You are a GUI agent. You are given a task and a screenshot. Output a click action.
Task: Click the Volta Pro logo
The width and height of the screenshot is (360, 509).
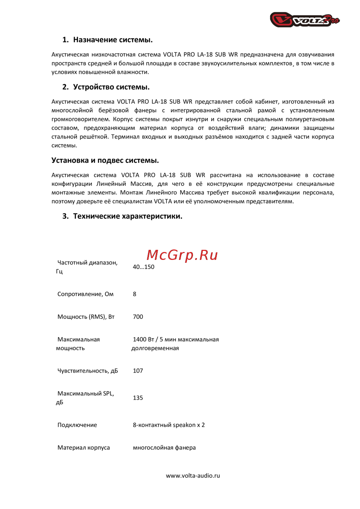(305, 20)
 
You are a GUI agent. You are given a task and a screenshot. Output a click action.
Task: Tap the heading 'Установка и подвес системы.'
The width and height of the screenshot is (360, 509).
(105, 161)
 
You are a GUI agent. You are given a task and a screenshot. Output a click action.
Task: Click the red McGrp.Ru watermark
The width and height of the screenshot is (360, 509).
(182, 255)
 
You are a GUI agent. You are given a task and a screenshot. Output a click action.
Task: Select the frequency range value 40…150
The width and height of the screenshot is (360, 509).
(143, 267)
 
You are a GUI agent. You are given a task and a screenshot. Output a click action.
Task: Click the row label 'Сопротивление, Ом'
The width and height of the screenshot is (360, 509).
(85, 294)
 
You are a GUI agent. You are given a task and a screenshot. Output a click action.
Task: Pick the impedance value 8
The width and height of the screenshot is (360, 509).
(135, 294)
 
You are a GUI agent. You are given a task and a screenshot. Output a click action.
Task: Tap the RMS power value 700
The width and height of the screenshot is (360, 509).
(138, 317)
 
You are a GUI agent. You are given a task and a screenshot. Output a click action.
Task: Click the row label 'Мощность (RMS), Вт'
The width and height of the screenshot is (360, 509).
(86, 317)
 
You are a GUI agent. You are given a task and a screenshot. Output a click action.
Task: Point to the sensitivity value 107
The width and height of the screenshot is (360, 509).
(138, 371)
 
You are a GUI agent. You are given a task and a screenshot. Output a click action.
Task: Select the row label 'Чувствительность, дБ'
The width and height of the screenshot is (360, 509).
(87, 371)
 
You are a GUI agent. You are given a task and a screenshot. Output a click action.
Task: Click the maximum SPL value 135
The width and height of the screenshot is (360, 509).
(138, 398)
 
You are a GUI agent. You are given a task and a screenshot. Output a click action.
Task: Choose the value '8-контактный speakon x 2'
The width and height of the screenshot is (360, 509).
(168, 425)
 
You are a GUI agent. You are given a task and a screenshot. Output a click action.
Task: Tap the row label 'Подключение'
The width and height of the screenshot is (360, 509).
(77, 425)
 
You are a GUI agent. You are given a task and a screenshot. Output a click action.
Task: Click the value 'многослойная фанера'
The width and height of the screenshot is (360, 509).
(164, 448)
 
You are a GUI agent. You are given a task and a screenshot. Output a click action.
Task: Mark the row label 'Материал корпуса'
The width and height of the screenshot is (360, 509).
(84, 448)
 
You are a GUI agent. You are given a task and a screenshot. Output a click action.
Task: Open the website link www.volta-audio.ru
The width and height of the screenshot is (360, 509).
(193, 476)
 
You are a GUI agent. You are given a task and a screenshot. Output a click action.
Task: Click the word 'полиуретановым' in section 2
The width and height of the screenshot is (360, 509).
(310, 120)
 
